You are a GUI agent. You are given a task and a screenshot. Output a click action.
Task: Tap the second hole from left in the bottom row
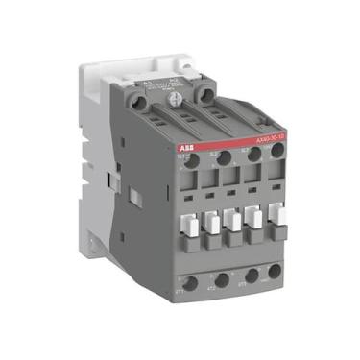click(x=221, y=281)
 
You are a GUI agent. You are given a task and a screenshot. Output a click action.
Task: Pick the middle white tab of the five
click(x=233, y=221)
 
